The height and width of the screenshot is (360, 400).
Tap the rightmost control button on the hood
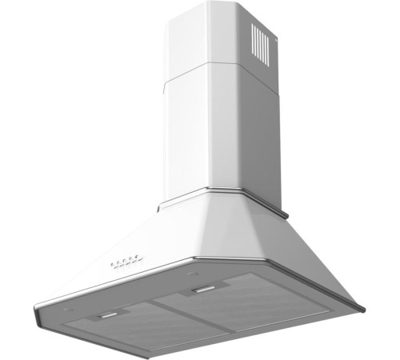[x=138, y=257]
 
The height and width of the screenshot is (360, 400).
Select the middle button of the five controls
[x=125, y=259]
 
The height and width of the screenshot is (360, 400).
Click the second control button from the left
[x=118, y=261]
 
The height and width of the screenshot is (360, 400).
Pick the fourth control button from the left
[x=132, y=258]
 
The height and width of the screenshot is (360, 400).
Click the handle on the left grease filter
[x=106, y=317]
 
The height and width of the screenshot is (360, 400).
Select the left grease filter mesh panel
[x=120, y=328]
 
